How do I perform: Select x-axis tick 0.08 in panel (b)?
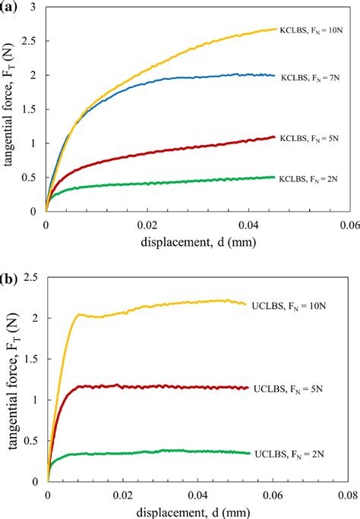click(349, 492)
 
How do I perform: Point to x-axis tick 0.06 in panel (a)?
click(349, 225)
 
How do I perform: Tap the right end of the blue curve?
click(274, 75)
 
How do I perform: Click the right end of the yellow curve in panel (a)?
click(276, 29)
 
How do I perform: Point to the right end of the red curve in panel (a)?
click(275, 137)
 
